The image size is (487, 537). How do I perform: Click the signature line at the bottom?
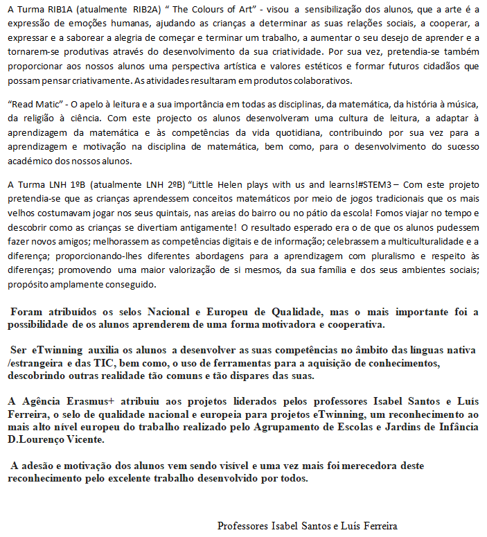308,525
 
